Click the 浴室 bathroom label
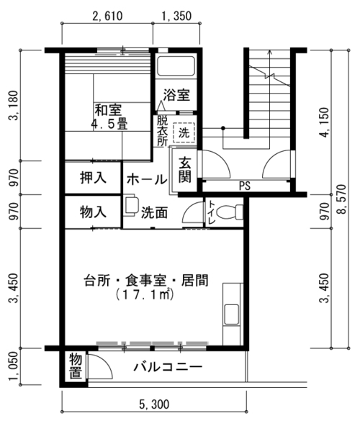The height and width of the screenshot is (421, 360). [x=176, y=95]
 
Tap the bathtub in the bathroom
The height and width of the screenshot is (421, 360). [x=176, y=66]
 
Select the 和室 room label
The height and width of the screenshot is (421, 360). [x=109, y=110]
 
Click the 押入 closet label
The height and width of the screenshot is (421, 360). [x=93, y=178]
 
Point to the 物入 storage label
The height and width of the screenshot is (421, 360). [x=93, y=212]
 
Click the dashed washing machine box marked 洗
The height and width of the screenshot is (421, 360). [x=184, y=132]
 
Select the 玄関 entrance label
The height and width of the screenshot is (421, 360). [x=185, y=170]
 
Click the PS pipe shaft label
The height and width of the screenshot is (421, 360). [x=245, y=186]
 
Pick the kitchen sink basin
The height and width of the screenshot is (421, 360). [x=232, y=314]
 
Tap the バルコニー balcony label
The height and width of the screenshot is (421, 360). [x=168, y=367]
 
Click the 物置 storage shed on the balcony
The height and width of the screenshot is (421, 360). [x=76, y=366]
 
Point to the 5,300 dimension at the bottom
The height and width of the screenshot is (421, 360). [x=155, y=404]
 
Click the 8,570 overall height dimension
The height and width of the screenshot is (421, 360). [x=341, y=199]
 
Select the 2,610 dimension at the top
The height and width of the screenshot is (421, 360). [x=107, y=17]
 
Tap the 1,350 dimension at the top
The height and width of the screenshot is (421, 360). [x=176, y=17]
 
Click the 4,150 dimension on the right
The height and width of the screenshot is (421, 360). [x=325, y=122]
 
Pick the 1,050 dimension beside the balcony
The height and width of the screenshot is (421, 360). [x=13, y=367]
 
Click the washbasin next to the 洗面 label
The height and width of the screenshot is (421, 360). [x=131, y=205]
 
